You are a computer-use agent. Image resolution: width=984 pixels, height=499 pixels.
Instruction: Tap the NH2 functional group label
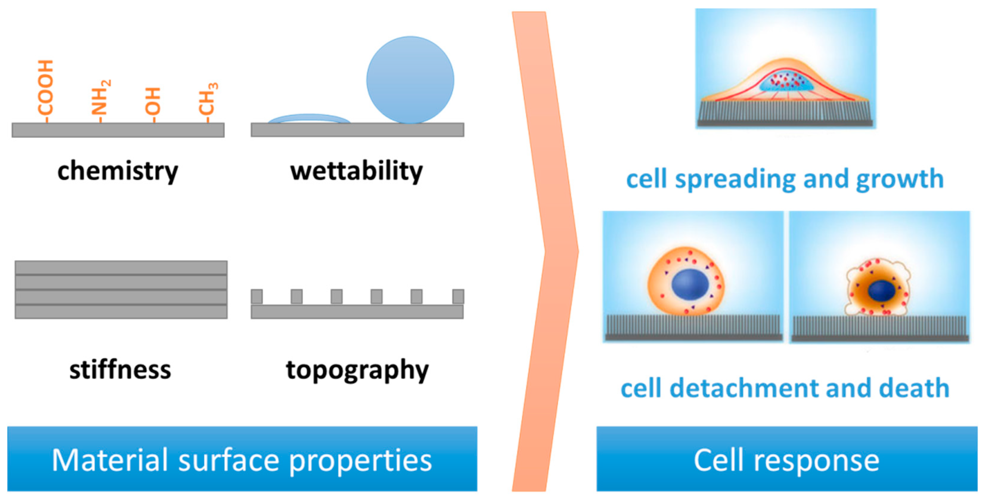click(100, 98)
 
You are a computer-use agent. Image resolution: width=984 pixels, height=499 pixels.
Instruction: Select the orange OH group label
click(153, 101)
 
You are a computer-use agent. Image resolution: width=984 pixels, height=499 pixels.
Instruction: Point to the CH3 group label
click(208, 99)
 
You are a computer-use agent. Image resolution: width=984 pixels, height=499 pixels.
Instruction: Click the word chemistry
click(118, 171)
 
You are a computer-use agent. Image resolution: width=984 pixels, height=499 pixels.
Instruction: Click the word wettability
click(356, 171)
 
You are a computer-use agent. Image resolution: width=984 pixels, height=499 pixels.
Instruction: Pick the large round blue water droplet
click(410, 80)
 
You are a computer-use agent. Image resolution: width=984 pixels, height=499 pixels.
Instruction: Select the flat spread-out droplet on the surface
click(309, 119)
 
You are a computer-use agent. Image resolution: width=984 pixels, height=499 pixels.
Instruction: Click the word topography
click(357, 370)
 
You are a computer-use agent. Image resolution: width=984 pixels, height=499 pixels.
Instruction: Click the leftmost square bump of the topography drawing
click(257, 296)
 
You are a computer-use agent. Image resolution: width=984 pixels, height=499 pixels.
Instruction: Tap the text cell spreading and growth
click(785, 179)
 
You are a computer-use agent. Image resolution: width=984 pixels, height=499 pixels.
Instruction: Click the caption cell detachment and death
click(785, 388)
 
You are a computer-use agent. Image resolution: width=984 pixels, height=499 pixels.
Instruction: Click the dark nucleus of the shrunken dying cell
click(881, 291)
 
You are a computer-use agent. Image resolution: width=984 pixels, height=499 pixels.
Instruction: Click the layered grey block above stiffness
click(121, 290)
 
